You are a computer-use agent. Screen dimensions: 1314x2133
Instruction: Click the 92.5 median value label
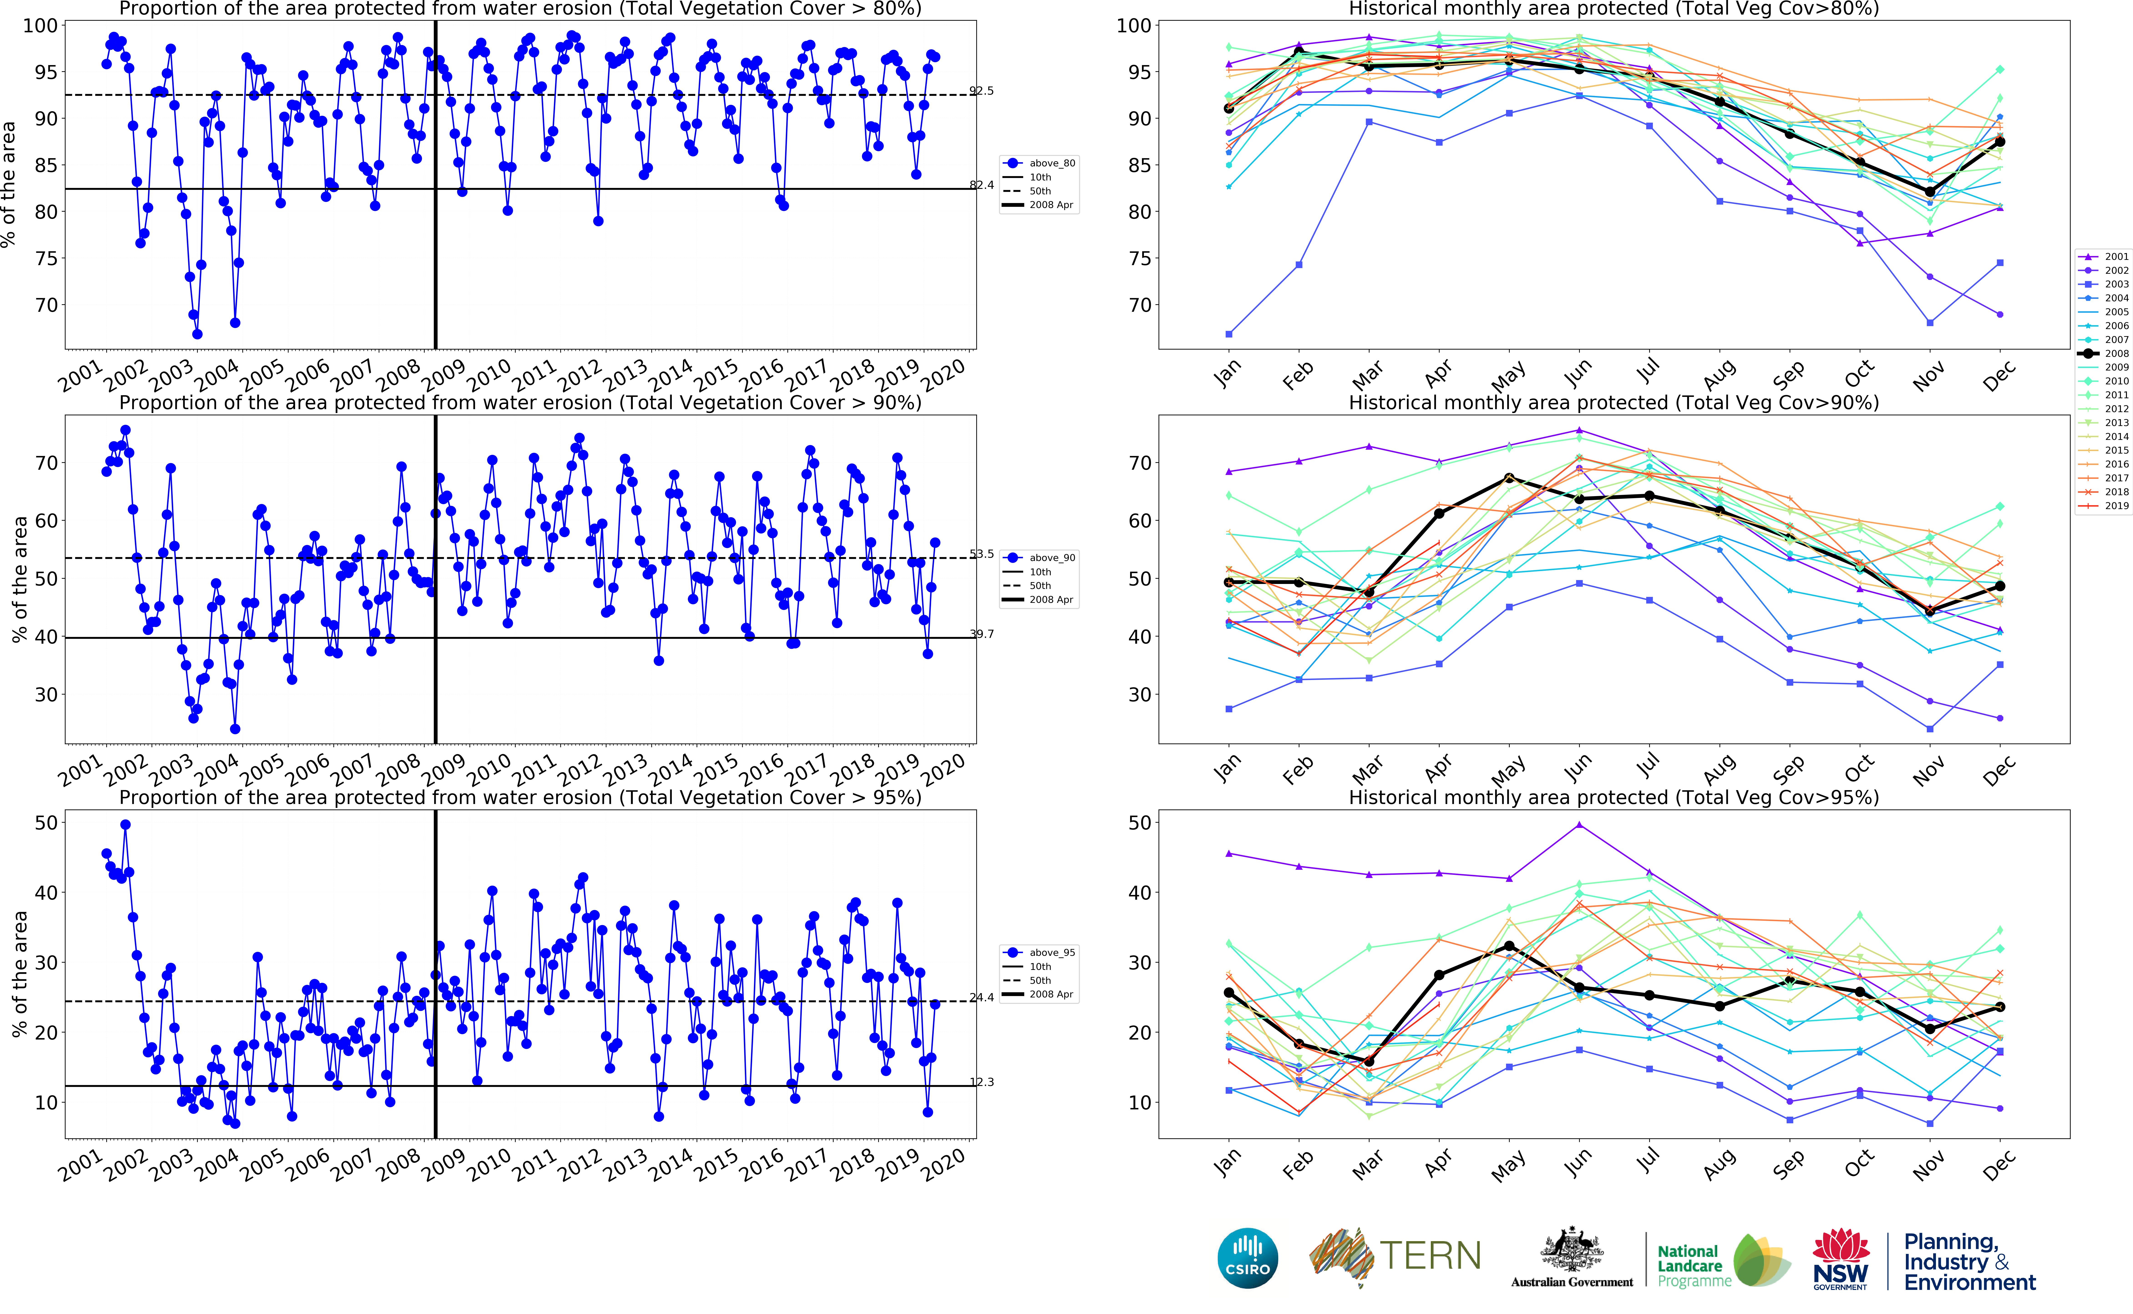coord(982,90)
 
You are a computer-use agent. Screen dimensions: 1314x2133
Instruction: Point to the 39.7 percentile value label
coord(982,634)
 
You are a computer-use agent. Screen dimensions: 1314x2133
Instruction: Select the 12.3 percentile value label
coord(982,1082)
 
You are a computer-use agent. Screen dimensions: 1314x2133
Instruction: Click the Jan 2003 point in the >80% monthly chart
coord(1229,334)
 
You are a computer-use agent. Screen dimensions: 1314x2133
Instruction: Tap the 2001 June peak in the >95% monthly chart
coord(1579,825)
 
